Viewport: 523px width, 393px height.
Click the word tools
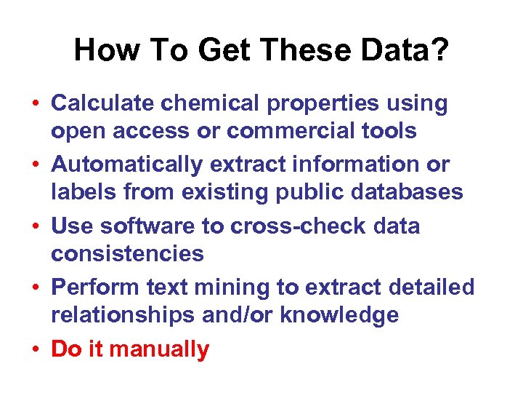(391, 131)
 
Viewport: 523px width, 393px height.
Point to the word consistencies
(127, 253)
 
